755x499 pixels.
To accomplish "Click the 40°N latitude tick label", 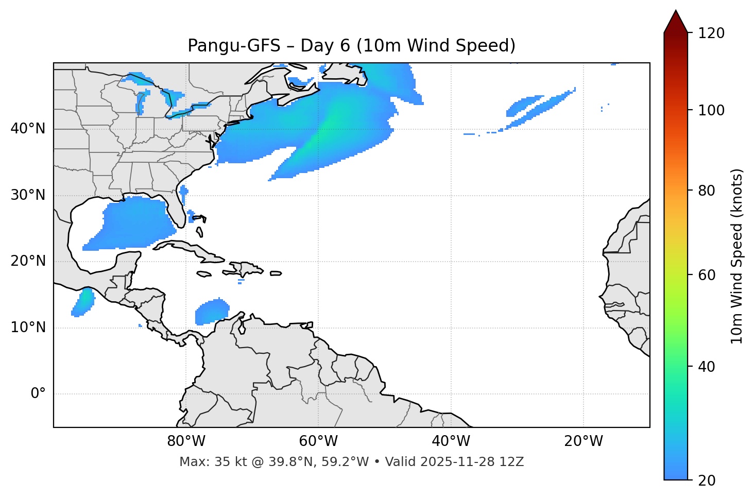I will click(x=28, y=129).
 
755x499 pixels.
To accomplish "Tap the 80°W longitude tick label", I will click(x=186, y=441).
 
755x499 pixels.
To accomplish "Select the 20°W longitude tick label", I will click(x=584, y=441).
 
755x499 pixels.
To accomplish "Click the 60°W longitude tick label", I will click(x=318, y=441).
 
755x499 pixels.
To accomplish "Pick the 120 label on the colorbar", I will click(x=711, y=33).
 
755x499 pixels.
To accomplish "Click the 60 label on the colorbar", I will click(x=707, y=275).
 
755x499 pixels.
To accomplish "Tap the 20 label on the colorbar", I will click(x=707, y=480).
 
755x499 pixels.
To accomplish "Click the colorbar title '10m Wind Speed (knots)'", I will click(x=737, y=256).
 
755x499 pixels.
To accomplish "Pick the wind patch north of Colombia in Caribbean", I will click(x=212, y=312).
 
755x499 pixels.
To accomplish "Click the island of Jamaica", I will click(x=204, y=274).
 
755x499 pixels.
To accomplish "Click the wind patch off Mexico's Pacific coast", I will click(x=83, y=302).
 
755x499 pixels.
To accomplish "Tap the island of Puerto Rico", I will click(x=276, y=273).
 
